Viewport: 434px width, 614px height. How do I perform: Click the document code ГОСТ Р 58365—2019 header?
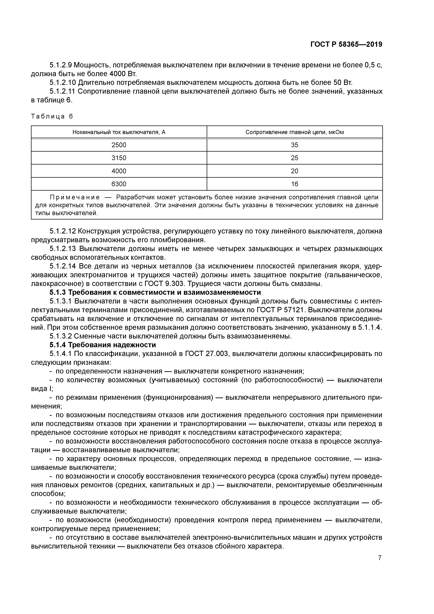click(x=346, y=44)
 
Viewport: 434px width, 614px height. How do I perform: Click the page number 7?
click(x=380, y=558)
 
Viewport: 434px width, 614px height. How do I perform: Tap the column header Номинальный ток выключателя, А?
click(x=119, y=132)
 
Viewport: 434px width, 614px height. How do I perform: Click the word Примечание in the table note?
click(x=75, y=197)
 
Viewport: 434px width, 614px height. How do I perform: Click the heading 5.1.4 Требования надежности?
click(x=103, y=345)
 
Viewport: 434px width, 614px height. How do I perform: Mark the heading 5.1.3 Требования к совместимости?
click(x=155, y=292)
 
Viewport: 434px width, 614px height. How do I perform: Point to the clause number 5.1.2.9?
click(x=61, y=65)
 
